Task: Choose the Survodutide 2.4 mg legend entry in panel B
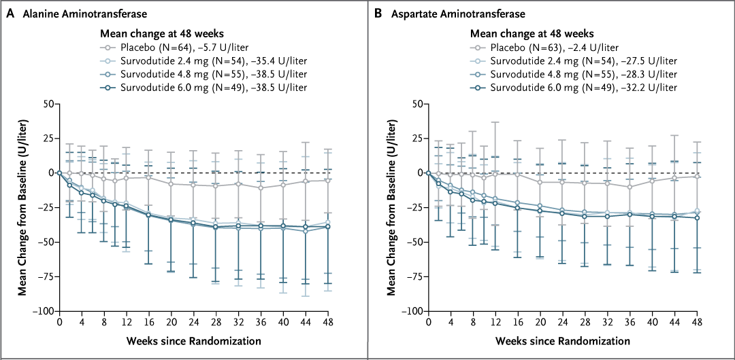click(573, 60)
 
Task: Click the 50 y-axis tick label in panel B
click(416, 104)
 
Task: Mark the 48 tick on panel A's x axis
click(327, 323)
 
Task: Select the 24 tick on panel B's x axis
click(561, 323)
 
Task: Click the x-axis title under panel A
click(193, 340)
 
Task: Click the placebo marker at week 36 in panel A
click(261, 187)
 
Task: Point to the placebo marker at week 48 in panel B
click(696, 176)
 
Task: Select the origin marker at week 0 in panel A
click(60, 173)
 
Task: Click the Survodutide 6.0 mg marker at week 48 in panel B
click(696, 217)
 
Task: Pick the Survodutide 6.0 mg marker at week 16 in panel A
click(149, 214)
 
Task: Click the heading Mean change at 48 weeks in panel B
click(532, 34)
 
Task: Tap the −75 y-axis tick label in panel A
click(44, 276)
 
